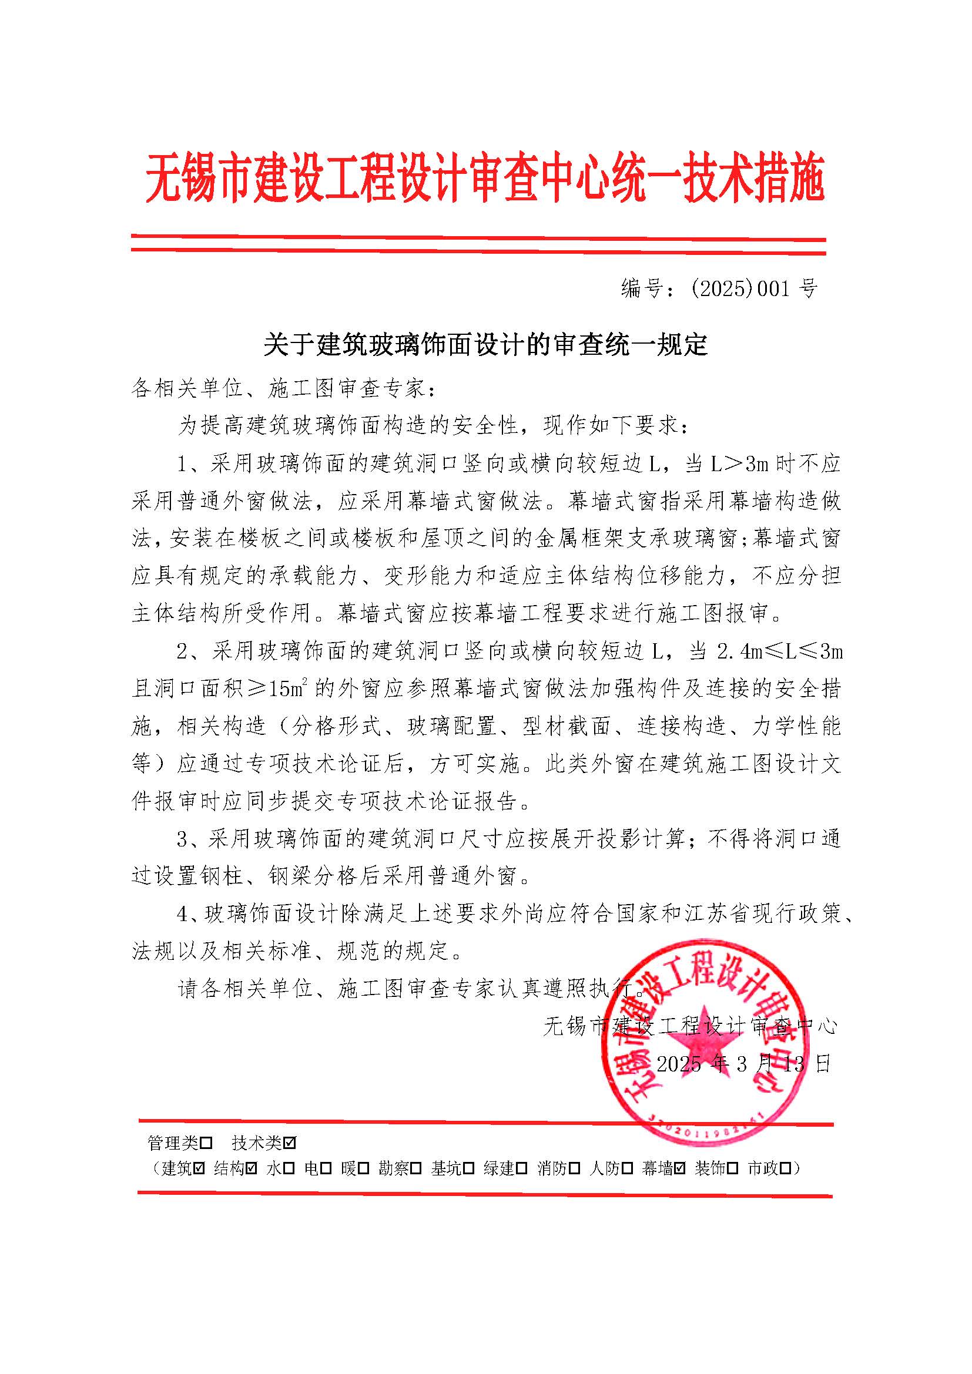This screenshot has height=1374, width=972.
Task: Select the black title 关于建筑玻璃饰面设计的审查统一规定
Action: [x=485, y=345]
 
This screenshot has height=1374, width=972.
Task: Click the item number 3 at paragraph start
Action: [x=183, y=839]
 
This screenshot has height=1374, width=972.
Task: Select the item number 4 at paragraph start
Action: [x=183, y=914]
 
